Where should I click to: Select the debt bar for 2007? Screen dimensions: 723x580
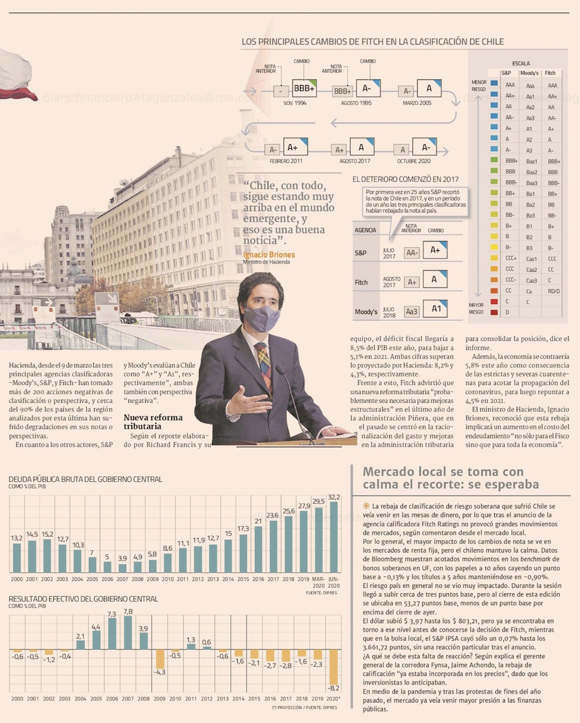(x=122, y=568)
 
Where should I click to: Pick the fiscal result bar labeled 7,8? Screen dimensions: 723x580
(x=128, y=633)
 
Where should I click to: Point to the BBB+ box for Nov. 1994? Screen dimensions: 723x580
(x=304, y=89)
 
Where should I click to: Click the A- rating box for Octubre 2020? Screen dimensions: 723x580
(x=425, y=147)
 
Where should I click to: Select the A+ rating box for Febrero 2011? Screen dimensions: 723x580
(x=295, y=147)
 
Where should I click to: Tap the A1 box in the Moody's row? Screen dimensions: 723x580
(x=435, y=309)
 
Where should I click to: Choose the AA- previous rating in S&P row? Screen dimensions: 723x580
(x=412, y=253)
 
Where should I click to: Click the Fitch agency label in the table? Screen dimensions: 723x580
(x=361, y=282)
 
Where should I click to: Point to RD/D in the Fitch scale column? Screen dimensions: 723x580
(x=554, y=291)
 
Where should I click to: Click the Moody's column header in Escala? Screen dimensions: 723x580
(x=529, y=73)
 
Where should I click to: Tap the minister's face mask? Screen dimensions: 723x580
(x=262, y=319)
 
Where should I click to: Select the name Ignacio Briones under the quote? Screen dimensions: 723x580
(x=269, y=255)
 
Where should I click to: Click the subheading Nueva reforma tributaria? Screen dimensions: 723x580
(x=153, y=422)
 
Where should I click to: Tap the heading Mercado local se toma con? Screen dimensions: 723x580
(x=443, y=472)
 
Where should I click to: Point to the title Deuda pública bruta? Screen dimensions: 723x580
(x=85, y=479)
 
